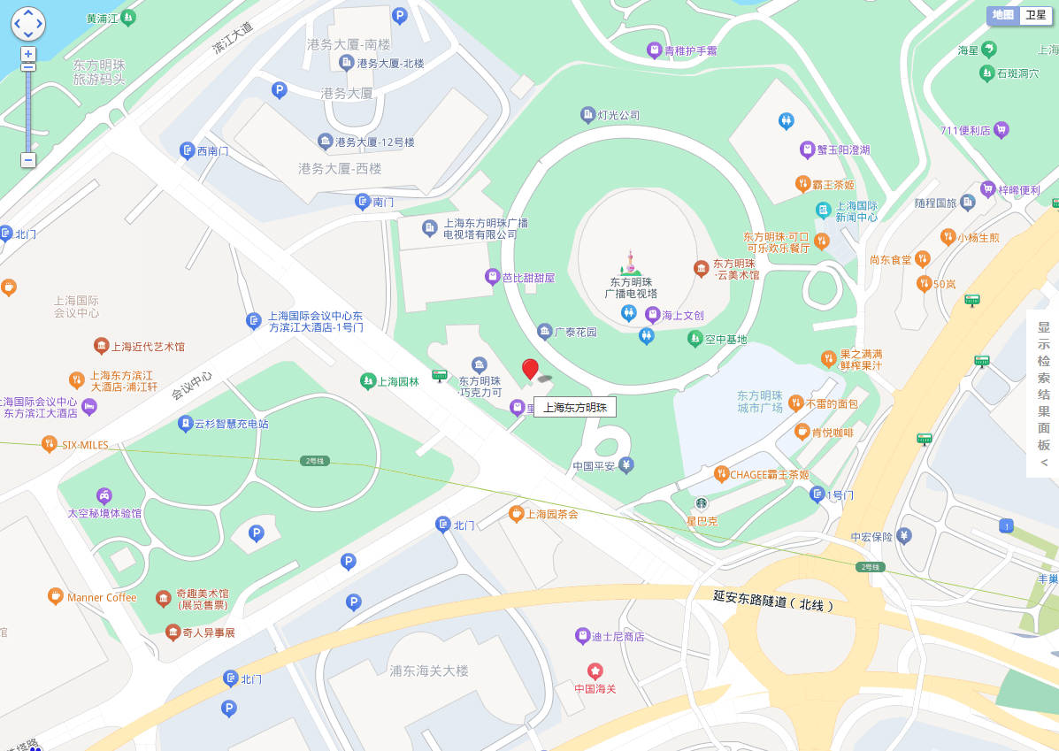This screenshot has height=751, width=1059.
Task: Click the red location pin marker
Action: (530, 369)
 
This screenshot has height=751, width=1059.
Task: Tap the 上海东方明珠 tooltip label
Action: (574, 408)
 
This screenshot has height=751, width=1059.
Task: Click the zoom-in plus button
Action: (28, 54)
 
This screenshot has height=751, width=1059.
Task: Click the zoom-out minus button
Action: (28, 160)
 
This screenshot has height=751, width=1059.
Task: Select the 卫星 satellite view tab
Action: (1034, 15)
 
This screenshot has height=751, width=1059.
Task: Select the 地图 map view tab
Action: (1002, 15)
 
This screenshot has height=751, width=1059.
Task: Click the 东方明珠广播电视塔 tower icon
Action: (631, 263)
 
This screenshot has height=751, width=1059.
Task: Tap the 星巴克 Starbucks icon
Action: (701, 503)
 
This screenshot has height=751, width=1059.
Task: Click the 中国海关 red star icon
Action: (595, 671)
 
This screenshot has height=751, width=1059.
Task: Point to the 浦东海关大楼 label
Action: (429, 671)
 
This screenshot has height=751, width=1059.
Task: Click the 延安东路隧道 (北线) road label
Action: (772, 601)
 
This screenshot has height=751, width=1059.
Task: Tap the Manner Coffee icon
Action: (55, 597)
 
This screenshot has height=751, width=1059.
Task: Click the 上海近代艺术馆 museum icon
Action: (101, 346)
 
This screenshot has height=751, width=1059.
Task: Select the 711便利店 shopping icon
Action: (1001, 130)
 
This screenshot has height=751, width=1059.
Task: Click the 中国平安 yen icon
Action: (626, 465)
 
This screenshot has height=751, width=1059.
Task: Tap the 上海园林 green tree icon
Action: (367, 381)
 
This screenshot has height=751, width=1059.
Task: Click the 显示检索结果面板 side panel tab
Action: (1043, 394)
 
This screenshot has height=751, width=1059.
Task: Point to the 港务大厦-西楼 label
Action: (340, 168)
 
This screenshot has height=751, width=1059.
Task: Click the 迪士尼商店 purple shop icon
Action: (582, 636)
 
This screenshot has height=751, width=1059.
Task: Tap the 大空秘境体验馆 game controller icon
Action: (104, 495)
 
